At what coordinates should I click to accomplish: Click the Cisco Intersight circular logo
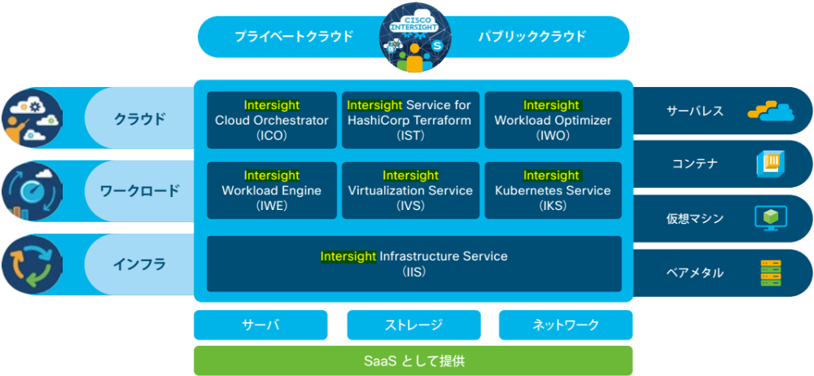tap(414, 37)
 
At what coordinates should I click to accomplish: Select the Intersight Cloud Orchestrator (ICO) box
tap(272, 120)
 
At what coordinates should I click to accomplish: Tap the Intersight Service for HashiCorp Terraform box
tap(409, 120)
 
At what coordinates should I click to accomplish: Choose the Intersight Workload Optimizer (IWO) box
tap(553, 120)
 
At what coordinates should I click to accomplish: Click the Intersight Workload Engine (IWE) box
tap(272, 190)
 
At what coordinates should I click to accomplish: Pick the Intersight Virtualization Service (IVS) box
tap(409, 190)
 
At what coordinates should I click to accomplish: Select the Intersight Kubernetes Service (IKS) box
tap(553, 190)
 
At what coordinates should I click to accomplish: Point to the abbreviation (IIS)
tap(414, 271)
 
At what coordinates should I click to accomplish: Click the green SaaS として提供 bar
tap(414, 361)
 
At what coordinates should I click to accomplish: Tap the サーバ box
tap(260, 325)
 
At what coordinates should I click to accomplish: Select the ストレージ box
tap(414, 325)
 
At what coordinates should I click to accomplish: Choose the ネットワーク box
tap(566, 325)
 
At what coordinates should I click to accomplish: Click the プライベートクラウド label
tap(294, 37)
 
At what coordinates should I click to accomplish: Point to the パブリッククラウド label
tap(532, 37)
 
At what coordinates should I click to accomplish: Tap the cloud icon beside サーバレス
tap(770, 111)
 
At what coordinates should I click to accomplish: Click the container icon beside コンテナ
tap(771, 164)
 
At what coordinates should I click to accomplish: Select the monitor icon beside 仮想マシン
tap(770, 218)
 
